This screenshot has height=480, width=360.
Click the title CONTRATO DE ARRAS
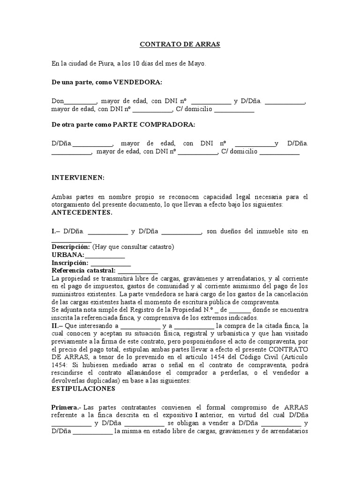[180, 45]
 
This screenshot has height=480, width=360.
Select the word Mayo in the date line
[196, 63]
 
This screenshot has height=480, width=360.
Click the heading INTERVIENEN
[78, 178]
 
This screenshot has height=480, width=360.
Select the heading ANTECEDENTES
[82, 212]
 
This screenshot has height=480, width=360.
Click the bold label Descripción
[70, 247]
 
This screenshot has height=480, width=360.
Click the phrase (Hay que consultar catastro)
[133, 247]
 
